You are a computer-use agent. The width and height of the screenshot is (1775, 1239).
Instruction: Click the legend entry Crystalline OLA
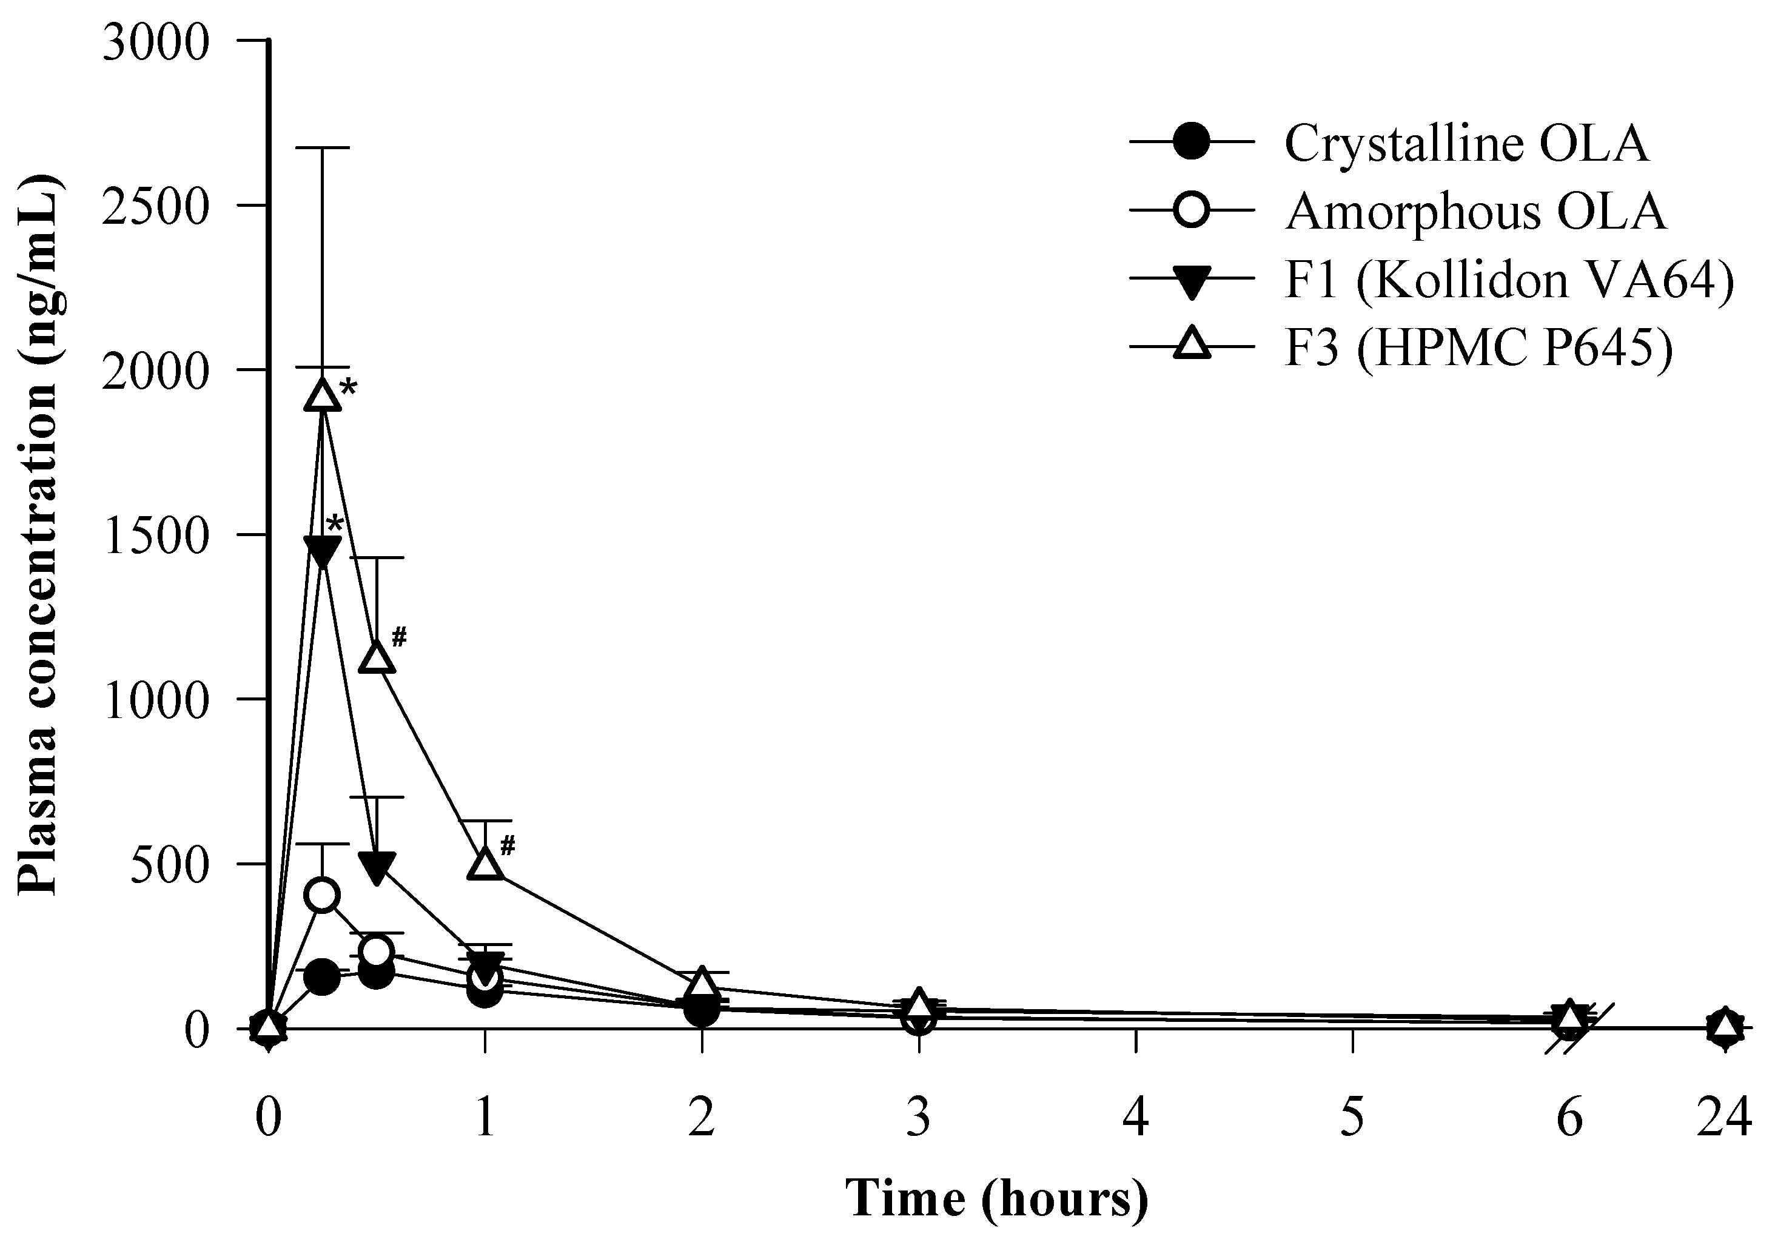1466,143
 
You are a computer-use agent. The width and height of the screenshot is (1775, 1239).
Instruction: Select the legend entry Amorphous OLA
1475,211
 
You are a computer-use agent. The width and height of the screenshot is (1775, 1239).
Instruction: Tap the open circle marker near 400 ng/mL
323,895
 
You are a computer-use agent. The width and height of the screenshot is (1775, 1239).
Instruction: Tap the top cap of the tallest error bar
323,147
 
